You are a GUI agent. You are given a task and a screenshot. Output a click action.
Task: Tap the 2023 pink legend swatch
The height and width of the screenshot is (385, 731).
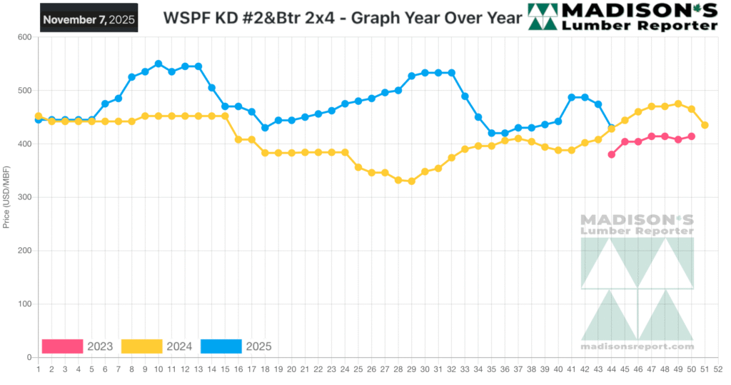coord(62,346)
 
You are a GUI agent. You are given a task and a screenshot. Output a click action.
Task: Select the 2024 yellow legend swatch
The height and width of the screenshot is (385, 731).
coord(142,346)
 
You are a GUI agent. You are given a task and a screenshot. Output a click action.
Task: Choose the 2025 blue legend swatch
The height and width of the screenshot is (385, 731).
coord(221,346)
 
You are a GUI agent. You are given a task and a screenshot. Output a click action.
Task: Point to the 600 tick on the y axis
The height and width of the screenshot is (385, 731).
coord(24,37)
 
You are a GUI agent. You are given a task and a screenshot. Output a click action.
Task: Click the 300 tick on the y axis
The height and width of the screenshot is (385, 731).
coord(24,197)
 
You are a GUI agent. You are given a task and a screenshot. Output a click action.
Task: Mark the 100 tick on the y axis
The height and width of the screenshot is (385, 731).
coord(24,304)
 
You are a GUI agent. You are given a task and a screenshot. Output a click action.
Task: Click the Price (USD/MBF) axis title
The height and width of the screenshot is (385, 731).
coord(6,197)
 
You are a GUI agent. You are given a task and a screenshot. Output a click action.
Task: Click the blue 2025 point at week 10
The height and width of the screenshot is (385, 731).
coord(158,64)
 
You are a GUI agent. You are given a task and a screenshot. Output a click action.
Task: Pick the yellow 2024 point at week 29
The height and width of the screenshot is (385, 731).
coord(411,181)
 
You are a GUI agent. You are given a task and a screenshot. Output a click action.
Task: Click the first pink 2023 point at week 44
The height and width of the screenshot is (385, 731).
coord(612,154)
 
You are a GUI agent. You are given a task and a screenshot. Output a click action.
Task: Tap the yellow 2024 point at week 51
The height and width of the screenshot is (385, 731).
coord(705,125)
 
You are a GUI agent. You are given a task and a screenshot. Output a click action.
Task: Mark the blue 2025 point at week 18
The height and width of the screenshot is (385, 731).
coord(265,128)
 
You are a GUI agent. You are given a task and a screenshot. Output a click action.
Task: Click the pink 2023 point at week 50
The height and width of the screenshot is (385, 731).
coord(692,136)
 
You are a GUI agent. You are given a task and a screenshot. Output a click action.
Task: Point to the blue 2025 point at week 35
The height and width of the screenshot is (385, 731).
coord(491,133)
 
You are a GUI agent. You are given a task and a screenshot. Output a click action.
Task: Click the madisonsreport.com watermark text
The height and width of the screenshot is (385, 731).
coord(637,346)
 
